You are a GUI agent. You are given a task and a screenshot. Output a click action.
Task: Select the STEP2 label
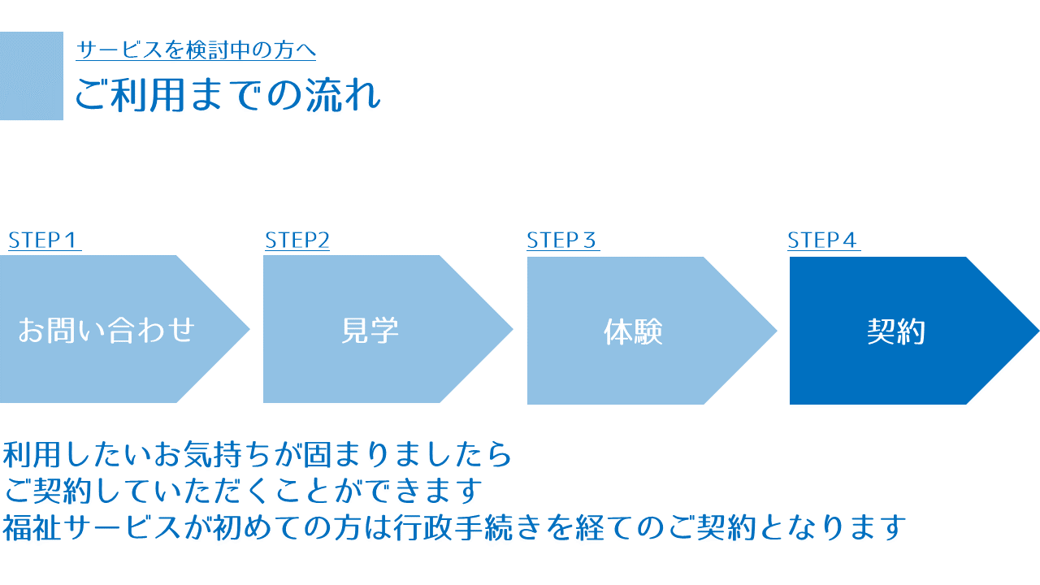coord(297,240)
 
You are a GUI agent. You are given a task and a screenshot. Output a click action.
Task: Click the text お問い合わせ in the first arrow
coord(106,330)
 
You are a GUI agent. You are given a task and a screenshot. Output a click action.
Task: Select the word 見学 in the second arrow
coord(370,330)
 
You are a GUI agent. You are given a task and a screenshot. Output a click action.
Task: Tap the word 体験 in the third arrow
coord(633,331)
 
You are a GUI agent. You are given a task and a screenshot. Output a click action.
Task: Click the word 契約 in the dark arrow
coord(896,331)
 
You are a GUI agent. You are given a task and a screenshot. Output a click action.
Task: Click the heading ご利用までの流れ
coord(228,95)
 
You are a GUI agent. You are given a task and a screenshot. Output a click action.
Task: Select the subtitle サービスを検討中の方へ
coord(196,50)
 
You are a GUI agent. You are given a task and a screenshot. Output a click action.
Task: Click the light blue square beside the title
coord(32,76)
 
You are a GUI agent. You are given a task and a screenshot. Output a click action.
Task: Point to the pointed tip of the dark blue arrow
coord(1038,331)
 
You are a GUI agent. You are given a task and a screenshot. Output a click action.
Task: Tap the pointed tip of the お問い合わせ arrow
coord(249,329)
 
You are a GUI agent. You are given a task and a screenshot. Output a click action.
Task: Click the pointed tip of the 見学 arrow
coord(512,329)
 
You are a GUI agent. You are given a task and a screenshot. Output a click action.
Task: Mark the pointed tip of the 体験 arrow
coord(776,331)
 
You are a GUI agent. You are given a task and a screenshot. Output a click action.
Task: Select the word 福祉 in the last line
coord(32,527)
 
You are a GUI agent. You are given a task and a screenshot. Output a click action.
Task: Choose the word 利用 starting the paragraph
coord(32,454)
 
